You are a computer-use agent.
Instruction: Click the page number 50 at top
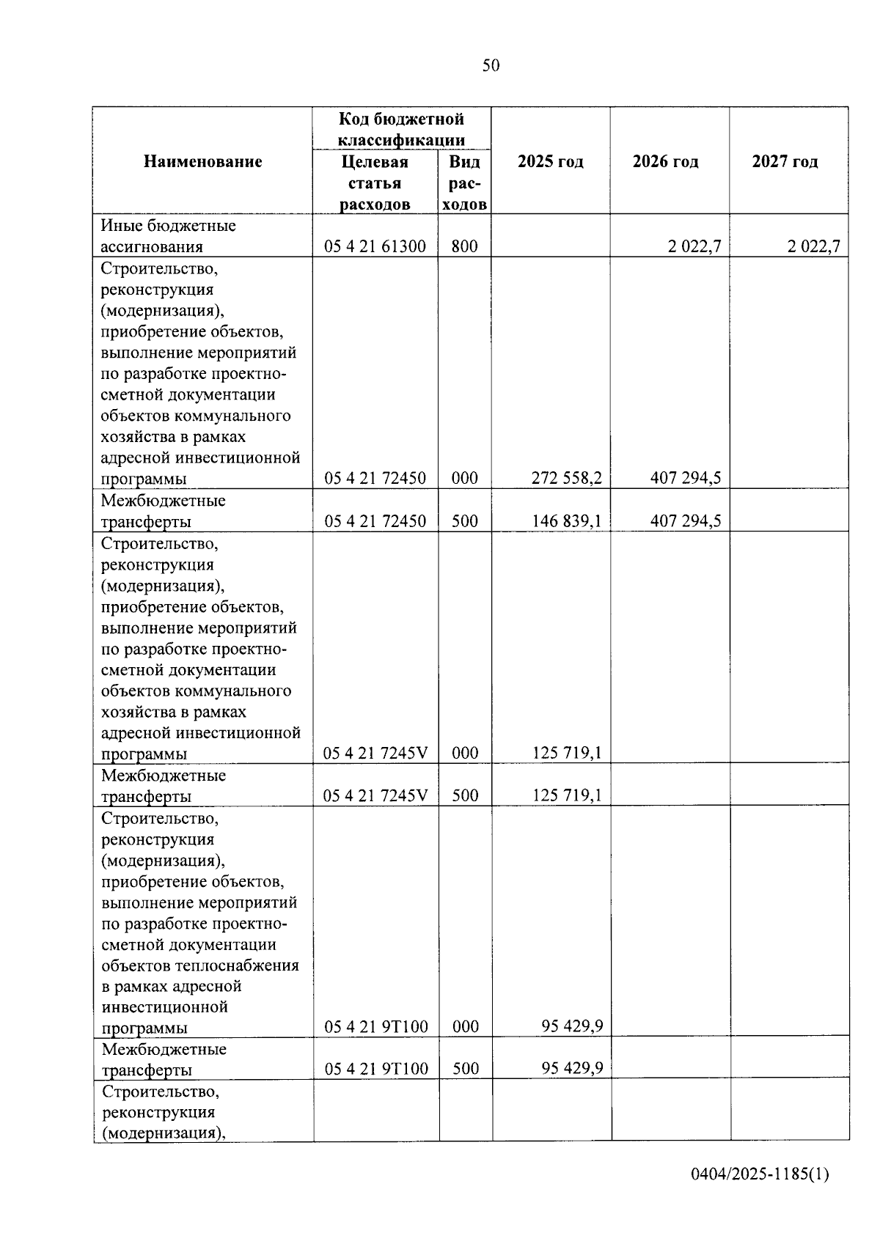pyautogui.click(x=491, y=66)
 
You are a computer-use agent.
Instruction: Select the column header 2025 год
pyautogui.click(x=550, y=161)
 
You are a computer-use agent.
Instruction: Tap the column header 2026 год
pyautogui.click(x=665, y=161)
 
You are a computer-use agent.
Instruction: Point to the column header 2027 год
pyautogui.click(x=785, y=161)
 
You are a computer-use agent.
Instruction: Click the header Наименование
pyautogui.click(x=202, y=161)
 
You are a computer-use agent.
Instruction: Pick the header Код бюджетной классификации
pyautogui.click(x=401, y=129)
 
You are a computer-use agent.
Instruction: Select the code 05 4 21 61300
pyautogui.click(x=375, y=247)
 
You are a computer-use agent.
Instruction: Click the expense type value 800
pyautogui.click(x=464, y=247)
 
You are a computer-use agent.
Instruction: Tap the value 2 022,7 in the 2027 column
pyautogui.click(x=813, y=247)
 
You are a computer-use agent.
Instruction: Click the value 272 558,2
pyautogui.click(x=566, y=479)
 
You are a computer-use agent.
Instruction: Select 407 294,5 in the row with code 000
pyautogui.click(x=685, y=479)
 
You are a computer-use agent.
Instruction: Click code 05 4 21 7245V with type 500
pyautogui.click(x=375, y=795)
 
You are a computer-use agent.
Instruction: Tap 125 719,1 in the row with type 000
pyautogui.click(x=566, y=753)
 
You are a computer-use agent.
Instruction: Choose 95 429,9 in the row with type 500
pyautogui.click(x=572, y=1068)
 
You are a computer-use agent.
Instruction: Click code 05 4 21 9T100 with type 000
pyautogui.click(x=375, y=1026)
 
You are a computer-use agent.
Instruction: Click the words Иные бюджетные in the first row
pyautogui.click(x=168, y=226)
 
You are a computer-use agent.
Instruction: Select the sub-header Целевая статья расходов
pyautogui.click(x=375, y=183)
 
